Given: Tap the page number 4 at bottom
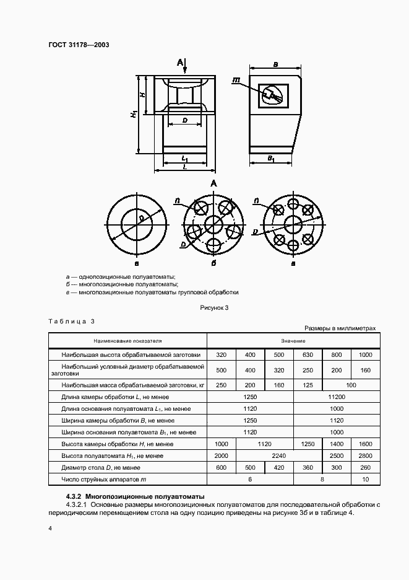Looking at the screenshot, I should [50, 528].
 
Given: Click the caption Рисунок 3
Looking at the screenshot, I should [214, 307].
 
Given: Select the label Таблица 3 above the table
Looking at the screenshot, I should [71, 321].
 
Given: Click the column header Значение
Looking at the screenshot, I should [292, 341].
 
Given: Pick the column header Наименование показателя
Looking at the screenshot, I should [127, 341].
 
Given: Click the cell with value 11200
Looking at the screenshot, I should [337, 397].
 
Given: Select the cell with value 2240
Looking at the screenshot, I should [265, 455].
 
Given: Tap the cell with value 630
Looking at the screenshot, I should [308, 355].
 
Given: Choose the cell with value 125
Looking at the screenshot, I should [308, 385].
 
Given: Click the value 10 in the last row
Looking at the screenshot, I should [365, 479].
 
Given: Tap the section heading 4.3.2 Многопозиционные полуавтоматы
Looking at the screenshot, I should [135, 496].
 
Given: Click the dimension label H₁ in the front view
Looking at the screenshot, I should [134, 115].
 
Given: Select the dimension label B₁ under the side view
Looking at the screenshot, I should [271, 159].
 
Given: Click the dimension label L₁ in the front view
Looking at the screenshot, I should [184, 159].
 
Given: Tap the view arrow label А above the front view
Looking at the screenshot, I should [180, 62].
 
